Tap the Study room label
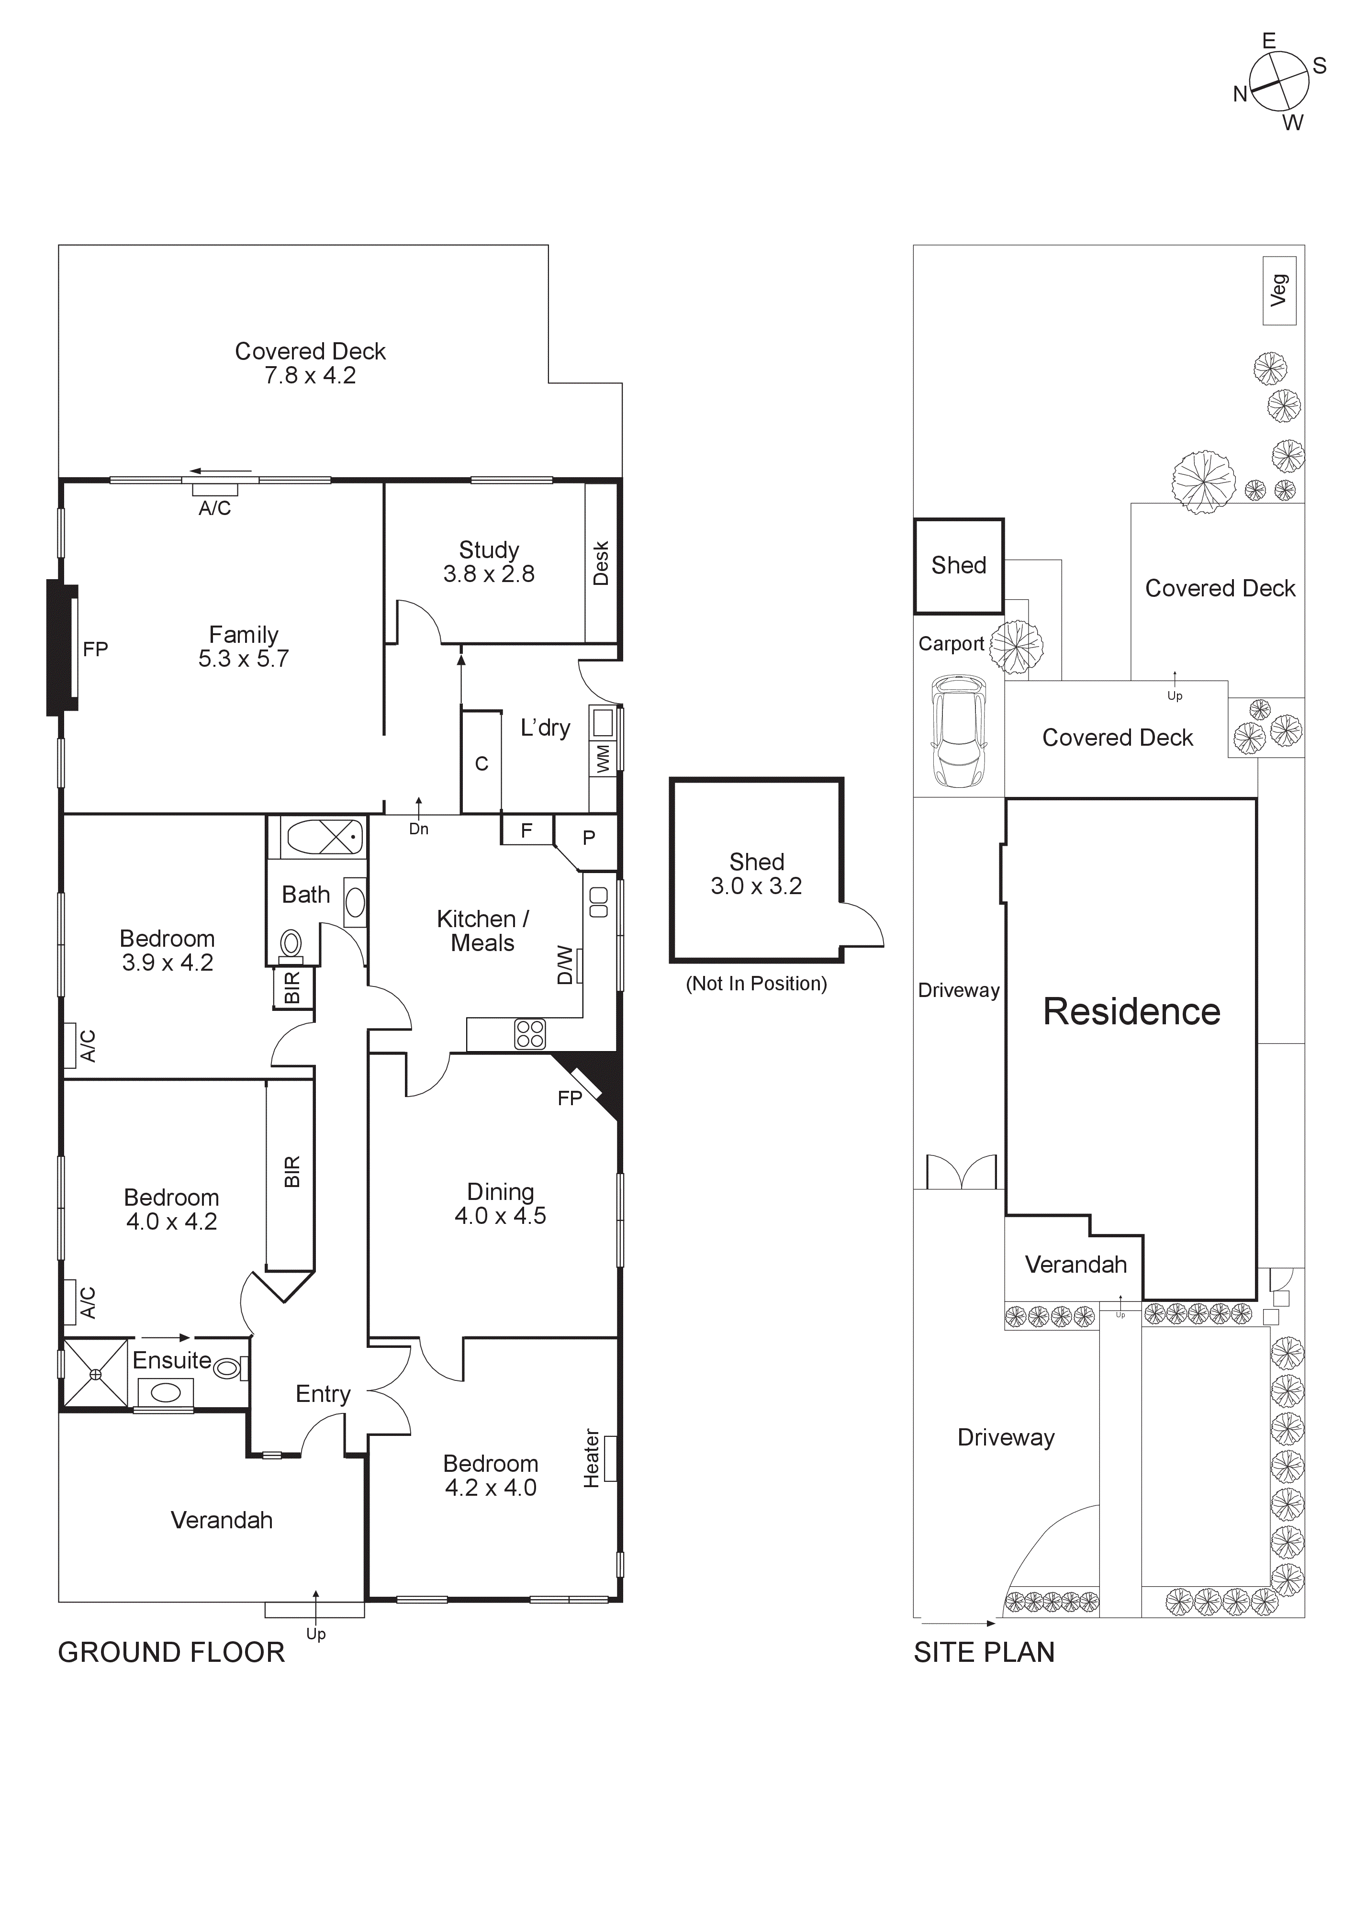[489, 561]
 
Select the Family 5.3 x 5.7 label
[244, 647]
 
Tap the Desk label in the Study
[601, 563]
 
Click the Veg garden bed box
[1279, 291]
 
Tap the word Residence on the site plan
[1131, 1011]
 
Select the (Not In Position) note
[756, 984]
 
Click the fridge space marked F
[526, 830]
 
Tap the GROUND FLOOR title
[171, 1653]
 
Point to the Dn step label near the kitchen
[419, 829]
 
